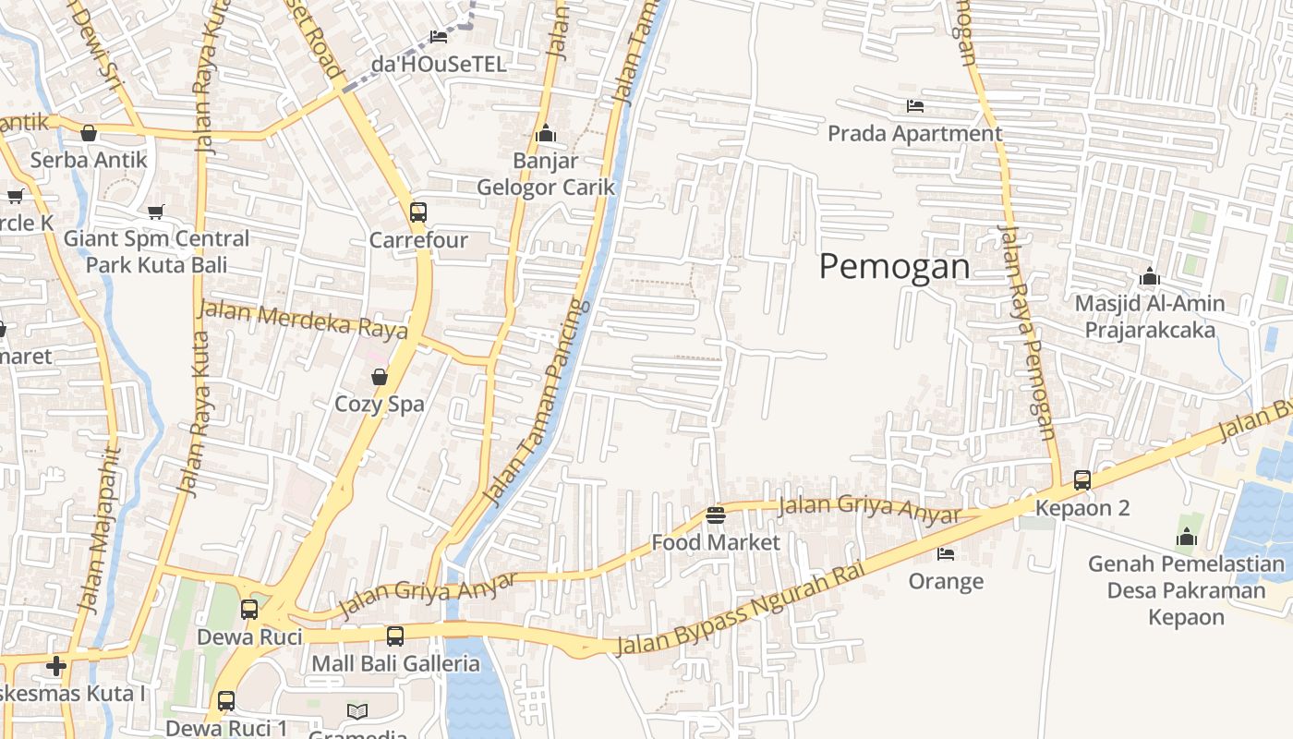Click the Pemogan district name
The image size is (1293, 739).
894,267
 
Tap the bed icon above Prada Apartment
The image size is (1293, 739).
914,106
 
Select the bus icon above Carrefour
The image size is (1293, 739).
418,212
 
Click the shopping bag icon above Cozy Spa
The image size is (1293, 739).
379,377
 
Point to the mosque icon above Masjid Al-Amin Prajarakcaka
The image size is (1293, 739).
1150,276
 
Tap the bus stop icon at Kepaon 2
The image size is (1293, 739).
1082,480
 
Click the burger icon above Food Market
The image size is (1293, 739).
715,515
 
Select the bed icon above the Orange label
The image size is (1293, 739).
946,554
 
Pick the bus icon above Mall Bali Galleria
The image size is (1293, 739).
395,636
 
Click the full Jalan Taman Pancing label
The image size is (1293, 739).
536,403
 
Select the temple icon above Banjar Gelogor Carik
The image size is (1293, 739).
546,134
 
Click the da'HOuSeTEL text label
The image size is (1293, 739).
439,64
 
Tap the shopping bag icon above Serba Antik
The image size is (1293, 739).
89,134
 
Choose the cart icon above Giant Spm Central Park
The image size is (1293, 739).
156,212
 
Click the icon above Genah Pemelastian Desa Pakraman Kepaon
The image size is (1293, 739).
1187,537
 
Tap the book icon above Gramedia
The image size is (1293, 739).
357,711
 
